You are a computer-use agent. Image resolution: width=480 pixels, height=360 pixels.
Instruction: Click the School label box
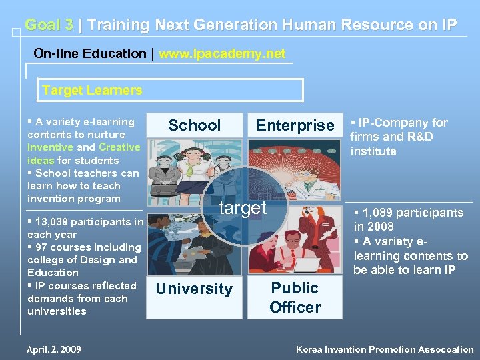point(194,125)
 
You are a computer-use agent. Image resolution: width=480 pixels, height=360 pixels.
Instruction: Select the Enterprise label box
point(295,125)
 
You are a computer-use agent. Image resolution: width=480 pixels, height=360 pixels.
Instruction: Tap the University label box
point(194,289)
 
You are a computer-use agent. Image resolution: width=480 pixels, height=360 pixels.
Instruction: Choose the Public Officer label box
point(295,297)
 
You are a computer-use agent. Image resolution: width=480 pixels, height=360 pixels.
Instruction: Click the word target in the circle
point(243,208)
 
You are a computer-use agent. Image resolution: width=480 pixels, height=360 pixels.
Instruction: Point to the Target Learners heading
point(92,90)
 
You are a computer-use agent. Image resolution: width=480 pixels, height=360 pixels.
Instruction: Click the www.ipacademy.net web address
point(222,53)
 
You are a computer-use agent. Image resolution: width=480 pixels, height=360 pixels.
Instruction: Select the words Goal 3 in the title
point(49,25)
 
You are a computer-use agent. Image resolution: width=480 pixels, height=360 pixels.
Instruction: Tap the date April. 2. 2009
point(55,349)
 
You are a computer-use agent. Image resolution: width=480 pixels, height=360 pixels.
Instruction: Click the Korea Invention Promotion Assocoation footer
point(385,349)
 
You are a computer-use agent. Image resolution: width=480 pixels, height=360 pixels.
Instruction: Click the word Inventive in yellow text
point(50,147)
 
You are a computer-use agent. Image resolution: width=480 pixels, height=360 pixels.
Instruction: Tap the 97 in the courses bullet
point(43,247)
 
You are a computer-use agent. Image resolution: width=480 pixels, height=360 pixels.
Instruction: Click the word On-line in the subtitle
point(57,53)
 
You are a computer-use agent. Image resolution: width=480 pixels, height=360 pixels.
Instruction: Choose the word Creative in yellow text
point(119,147)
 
